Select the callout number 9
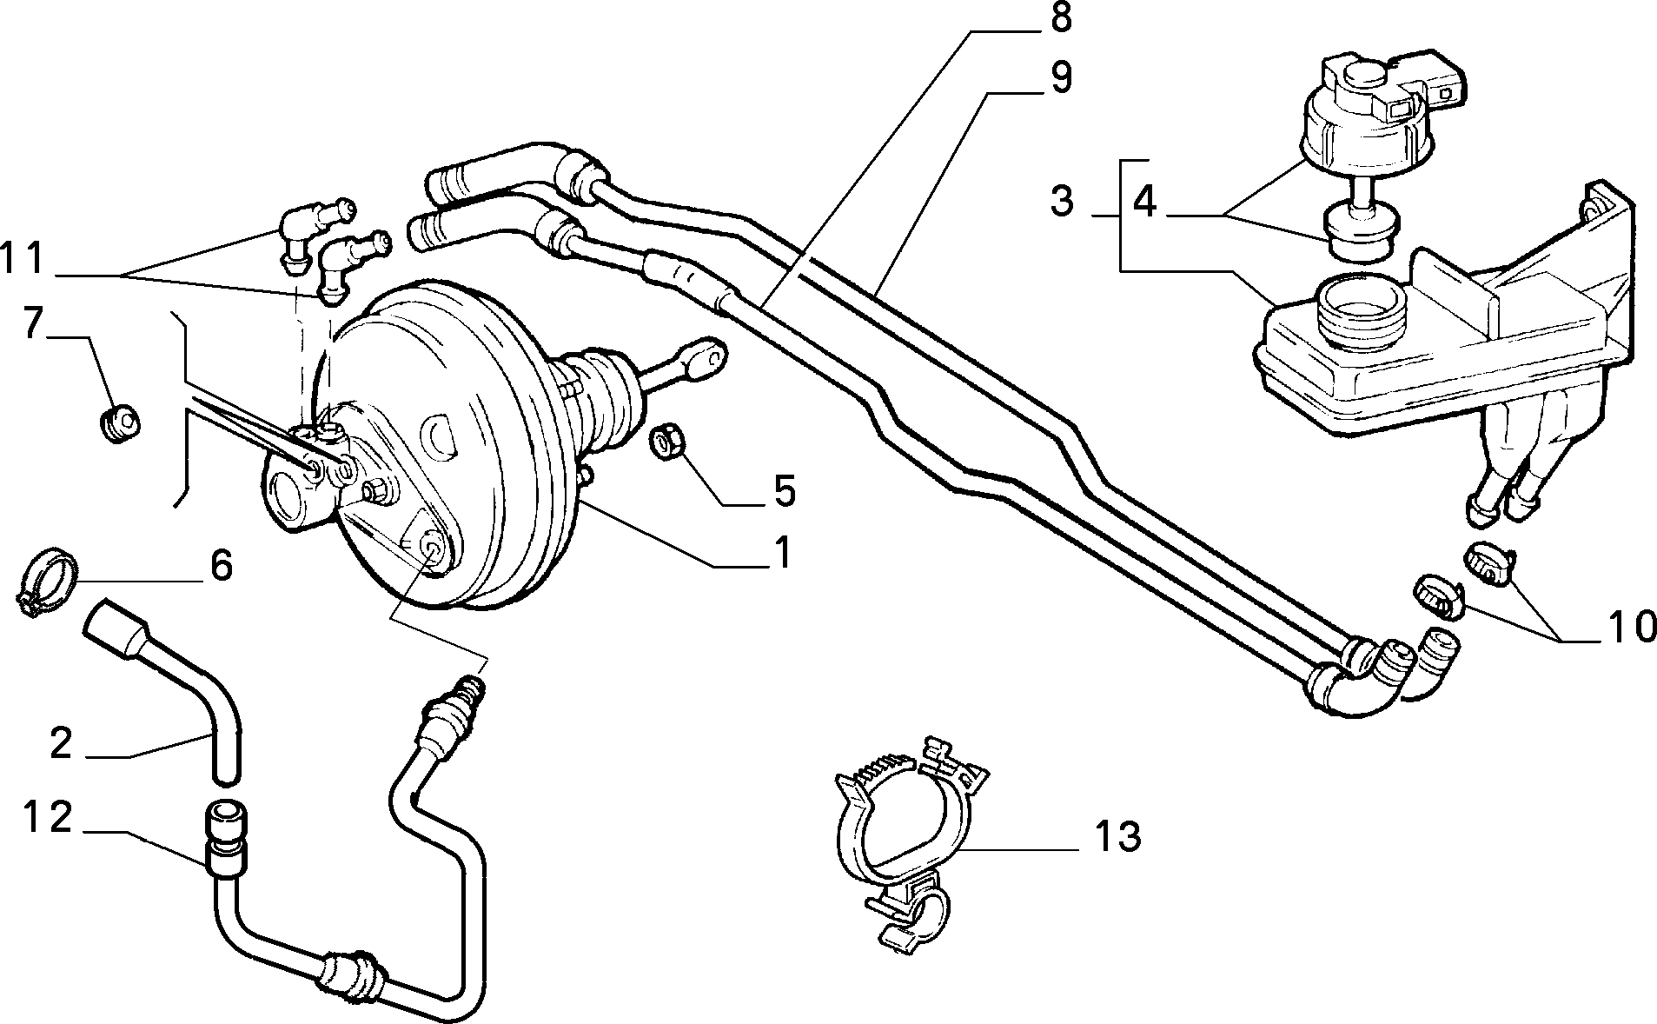1060,77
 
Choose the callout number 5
785,492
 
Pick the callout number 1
782,552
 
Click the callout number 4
1146,202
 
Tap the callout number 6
221,566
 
